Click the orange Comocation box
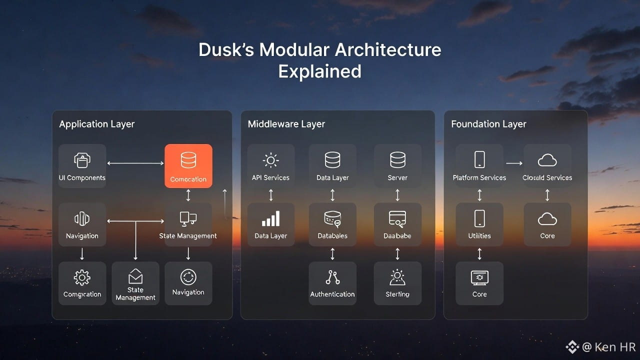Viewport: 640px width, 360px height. click(x=188, y=166)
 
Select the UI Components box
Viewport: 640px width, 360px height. click(x=82, y=166)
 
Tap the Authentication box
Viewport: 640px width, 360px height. click(x=332, y=283)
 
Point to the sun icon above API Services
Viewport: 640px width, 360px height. click(x=270, y=160)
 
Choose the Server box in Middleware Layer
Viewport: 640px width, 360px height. click(x=397, y=166)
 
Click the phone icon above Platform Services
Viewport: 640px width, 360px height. click(x=479, y=160)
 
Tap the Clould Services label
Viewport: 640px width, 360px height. click(x=547, y=177)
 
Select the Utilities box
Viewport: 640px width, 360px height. click(x=479, y=224)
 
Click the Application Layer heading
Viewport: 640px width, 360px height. click(x=97, y=124)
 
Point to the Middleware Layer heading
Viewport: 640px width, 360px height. click(x=286, y=124)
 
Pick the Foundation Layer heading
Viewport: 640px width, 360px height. click(x=488, y=124)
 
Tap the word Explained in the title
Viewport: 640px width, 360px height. click(x=319, y=71)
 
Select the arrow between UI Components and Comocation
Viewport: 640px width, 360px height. click(x=135, y=163)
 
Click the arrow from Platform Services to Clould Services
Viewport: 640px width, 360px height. click(x=514, y=163)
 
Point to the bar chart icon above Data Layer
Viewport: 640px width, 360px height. click(x=270, y=218)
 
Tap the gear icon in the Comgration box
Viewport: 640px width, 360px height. click(x=82, y=277)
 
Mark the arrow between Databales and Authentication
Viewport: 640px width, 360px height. click(x=332, y=254)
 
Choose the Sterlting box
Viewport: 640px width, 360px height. click(x=397, y=283)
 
